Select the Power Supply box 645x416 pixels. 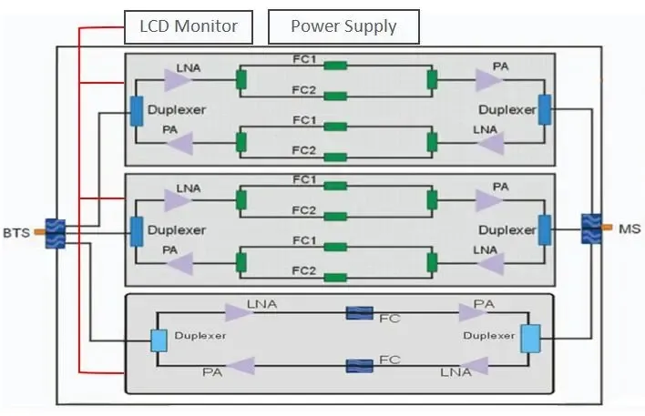coord(343,26)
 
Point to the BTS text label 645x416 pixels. coord(16,233)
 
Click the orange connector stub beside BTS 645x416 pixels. coord(39,233)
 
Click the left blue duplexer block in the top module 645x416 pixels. coord(137,110)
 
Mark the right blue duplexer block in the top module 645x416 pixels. coord(545,109)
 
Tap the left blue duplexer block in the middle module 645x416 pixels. coord(137,231)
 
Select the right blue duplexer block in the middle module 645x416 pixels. coord(545,230)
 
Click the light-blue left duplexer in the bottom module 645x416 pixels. coord(159,340)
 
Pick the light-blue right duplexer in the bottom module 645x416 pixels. coord(530,339)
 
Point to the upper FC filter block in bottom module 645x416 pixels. coord(360,314)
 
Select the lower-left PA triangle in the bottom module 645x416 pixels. coord(240,366)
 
